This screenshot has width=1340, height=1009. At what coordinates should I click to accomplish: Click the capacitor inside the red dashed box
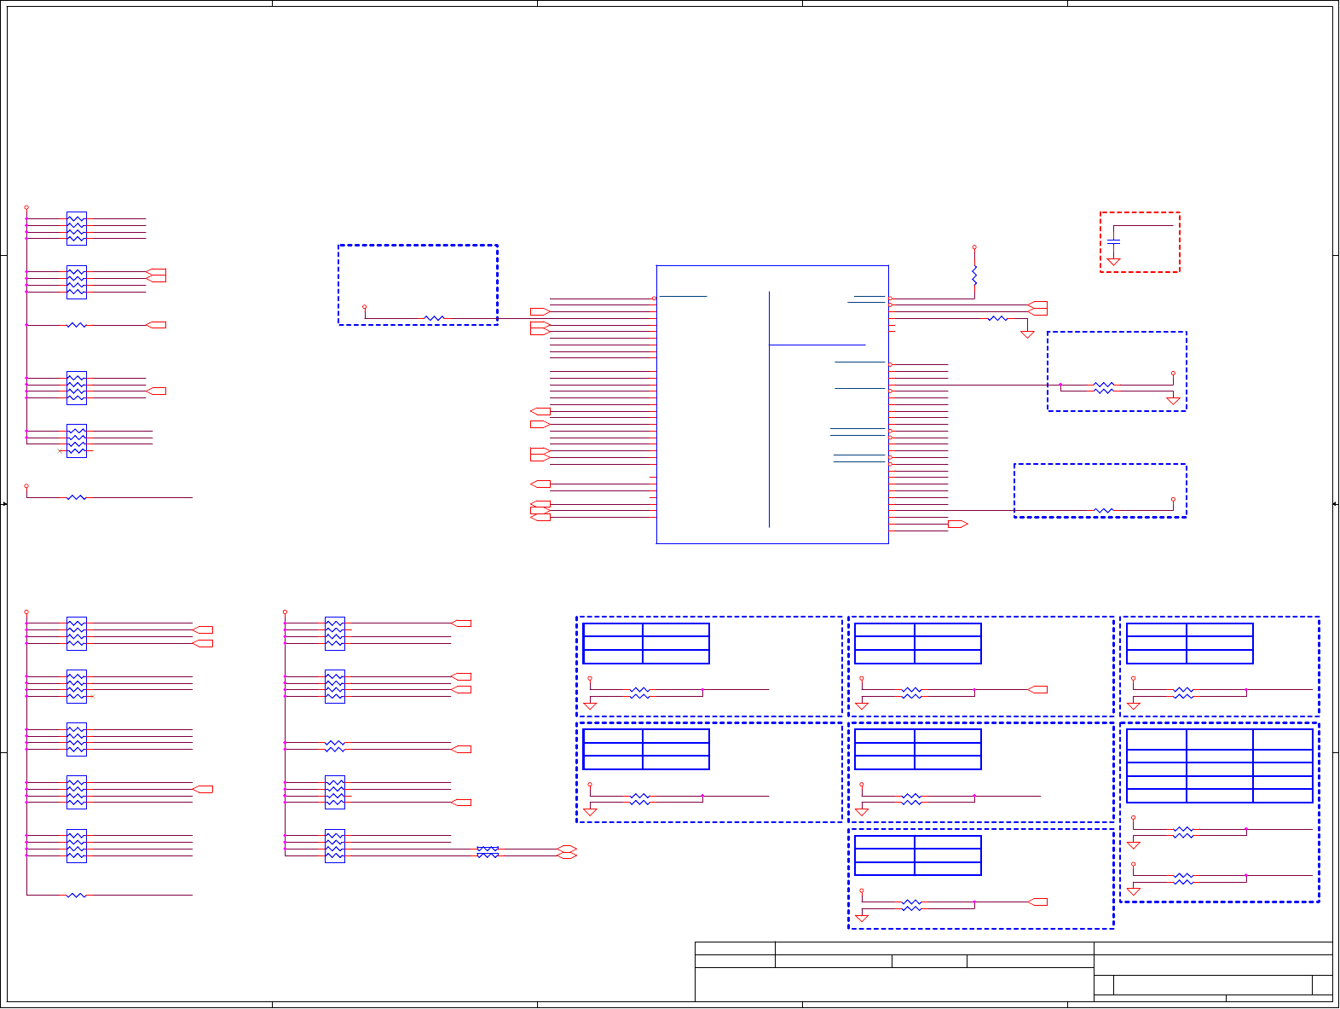(x=1113, y=243)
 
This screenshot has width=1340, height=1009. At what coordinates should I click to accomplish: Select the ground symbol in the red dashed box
(x=1113, y=261)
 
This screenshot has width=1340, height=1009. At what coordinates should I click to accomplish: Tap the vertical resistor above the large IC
(x=974, y=275)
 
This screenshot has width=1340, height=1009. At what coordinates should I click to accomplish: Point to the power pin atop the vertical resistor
(x=974, y=247)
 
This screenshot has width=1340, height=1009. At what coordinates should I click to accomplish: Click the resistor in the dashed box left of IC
(x=434, y=318)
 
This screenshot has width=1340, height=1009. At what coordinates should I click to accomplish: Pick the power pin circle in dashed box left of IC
(x=365, y=306)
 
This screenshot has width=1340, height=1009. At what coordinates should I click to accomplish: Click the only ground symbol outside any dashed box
(x=1027, y=334)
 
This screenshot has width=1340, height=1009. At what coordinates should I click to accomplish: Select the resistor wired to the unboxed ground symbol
(x=997, y=318)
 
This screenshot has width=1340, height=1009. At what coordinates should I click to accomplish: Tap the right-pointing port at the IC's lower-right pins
(x=957, y=524)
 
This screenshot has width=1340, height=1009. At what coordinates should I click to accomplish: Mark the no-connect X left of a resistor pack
(x=60, y=450)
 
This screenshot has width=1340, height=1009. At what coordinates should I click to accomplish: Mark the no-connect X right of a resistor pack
(x=92, y=697)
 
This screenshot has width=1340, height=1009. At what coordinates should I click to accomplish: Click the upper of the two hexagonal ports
(x=567, y=850)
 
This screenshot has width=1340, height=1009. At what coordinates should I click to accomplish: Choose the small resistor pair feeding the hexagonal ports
(x=488, y=852)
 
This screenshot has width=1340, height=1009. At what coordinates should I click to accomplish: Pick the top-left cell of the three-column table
(x=1157, y=739)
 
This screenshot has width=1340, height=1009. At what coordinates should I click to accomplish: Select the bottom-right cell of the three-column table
(x=1283, y=796)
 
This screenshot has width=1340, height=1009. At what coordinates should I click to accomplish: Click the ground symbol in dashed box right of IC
(x=1173, y=400)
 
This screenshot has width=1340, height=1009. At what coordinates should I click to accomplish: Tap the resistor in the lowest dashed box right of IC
(x=1104, y=511)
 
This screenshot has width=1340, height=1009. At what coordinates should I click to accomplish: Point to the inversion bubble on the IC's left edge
(x=655, y=299)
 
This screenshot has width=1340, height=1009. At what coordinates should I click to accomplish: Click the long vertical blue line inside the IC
(x=770, y=409)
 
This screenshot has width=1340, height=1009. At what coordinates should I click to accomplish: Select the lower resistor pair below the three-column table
(x=1183, y=879)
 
